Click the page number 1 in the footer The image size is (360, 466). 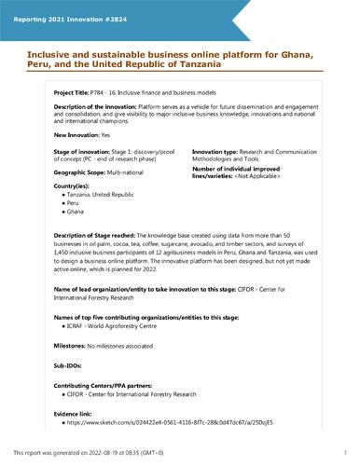pos(345,452)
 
